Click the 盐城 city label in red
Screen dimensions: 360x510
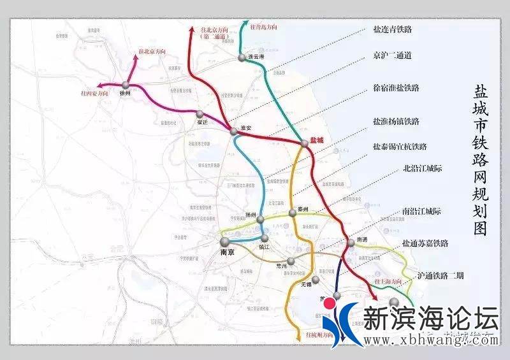[317, 140]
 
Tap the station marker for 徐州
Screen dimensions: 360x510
[126, 84]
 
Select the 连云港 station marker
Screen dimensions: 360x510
[242, 58]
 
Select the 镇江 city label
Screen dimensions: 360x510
[265, 245]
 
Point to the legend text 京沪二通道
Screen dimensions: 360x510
[392, 55]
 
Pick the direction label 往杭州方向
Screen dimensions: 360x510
[319, 334]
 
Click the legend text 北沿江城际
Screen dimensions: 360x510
[423, 169]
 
